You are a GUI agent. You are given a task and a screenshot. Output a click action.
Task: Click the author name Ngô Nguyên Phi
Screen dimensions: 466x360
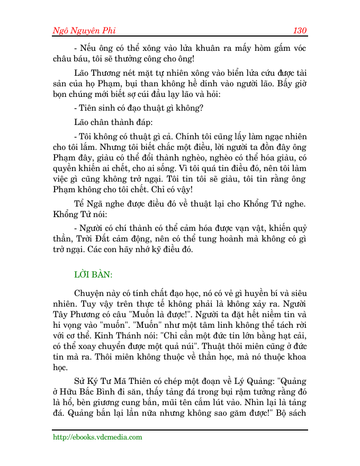pos(83,30)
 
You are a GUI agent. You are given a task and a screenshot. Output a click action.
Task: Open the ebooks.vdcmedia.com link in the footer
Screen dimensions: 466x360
pos(97,437)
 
